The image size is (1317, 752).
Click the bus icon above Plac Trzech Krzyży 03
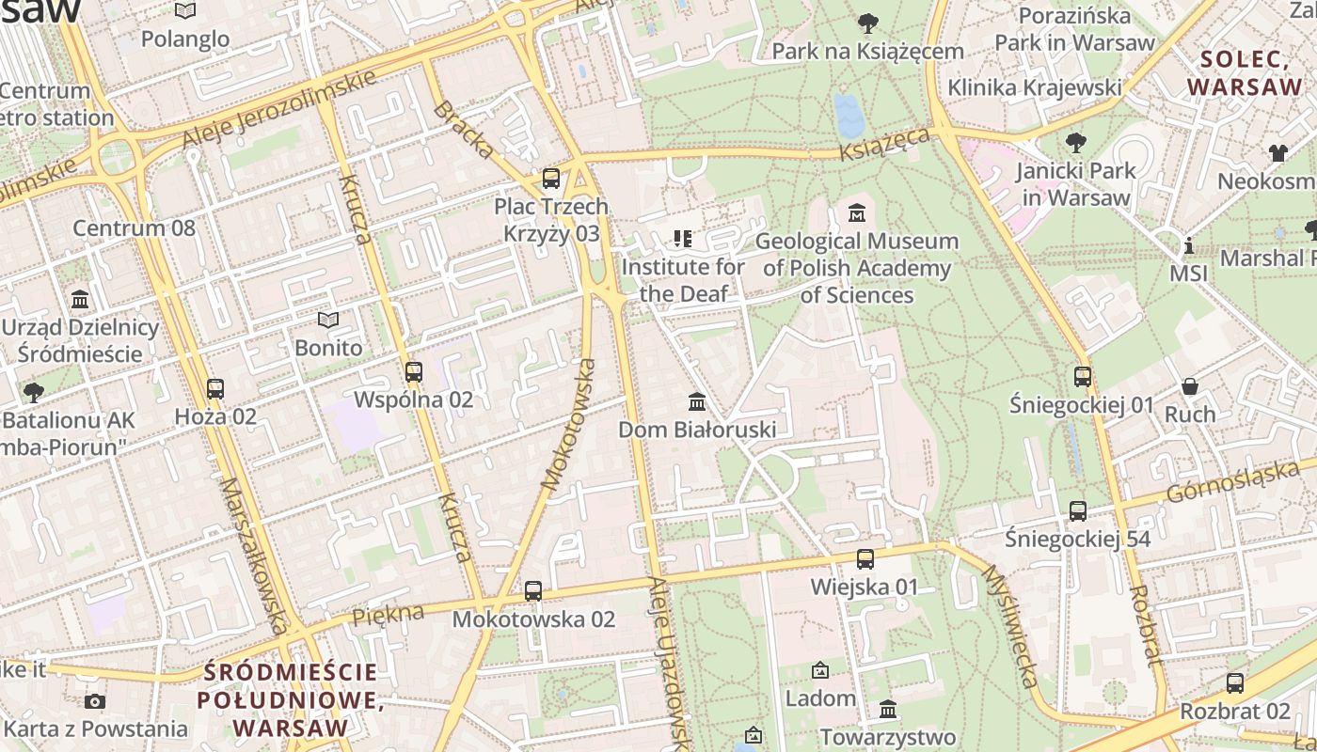pos(551,178)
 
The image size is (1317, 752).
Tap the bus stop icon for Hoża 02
pos(215,388)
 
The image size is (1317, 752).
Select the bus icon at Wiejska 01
pos(865,559)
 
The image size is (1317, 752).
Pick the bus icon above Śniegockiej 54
pos(1078,511)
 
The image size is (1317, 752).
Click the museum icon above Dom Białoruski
pos(697,401)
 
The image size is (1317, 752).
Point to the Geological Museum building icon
pos(857,213)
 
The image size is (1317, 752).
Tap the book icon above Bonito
pos(327,321)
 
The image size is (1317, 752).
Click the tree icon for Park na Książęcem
pos(867,23)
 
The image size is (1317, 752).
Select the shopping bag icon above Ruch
pos(1190,386)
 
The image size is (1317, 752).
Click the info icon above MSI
pos(1189,246)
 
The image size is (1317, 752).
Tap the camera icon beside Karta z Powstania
pos(95,701)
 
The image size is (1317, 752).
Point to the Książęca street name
pos(885,145)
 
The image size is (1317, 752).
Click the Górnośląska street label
pos(1231,480)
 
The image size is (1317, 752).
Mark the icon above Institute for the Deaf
pos(683,239)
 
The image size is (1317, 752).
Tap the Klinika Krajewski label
pos(1035,87)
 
